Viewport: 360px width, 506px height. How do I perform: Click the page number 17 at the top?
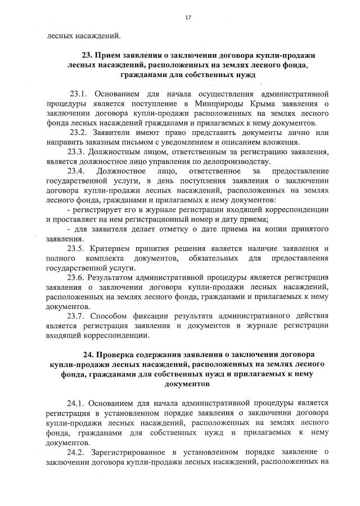pyautogui.click(x=188, y=18)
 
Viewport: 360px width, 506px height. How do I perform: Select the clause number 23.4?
pyautogui.click(x=78, y=171)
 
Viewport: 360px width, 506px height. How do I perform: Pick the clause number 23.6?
pyautogui.click(x=78, y=278)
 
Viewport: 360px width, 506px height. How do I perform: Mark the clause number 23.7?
pyautogui.click(x=78, y=317)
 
